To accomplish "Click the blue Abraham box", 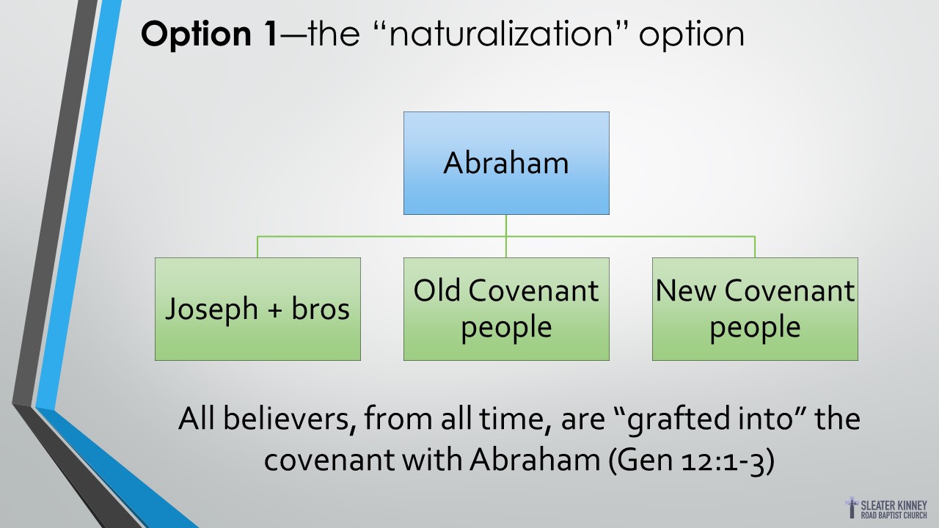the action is (x=506, y=163).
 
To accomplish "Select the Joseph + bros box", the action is (x=257, y=309).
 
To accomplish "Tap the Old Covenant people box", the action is (x=506, y=309).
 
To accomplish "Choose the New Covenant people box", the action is (x=755, y=309).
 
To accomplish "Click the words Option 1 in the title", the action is (x=209, y=34).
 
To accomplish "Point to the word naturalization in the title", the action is (x=501, y=34).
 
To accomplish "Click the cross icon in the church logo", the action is (x=852, y=507).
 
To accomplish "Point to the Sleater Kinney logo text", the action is (x=894, y=510).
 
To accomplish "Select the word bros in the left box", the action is (x=321, y=309).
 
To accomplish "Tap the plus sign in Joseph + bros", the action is (x=274, y=310).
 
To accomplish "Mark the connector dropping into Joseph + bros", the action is (x=257, y=247).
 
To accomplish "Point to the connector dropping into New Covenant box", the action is (x=755, y=247).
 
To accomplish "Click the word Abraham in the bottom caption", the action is (x=535, y=460).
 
